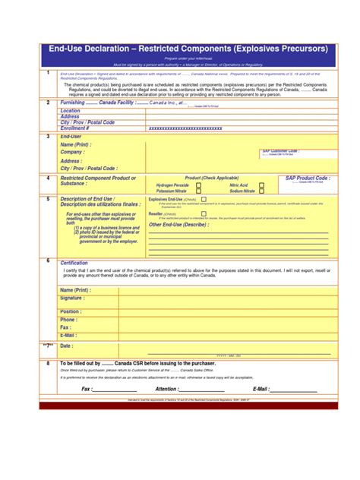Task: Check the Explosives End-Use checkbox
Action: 202,199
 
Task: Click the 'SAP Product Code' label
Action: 308,178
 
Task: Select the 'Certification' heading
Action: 74,263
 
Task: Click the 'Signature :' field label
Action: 75,299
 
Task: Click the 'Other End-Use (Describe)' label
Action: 178,225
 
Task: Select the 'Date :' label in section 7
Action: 67,346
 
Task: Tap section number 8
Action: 48,363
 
